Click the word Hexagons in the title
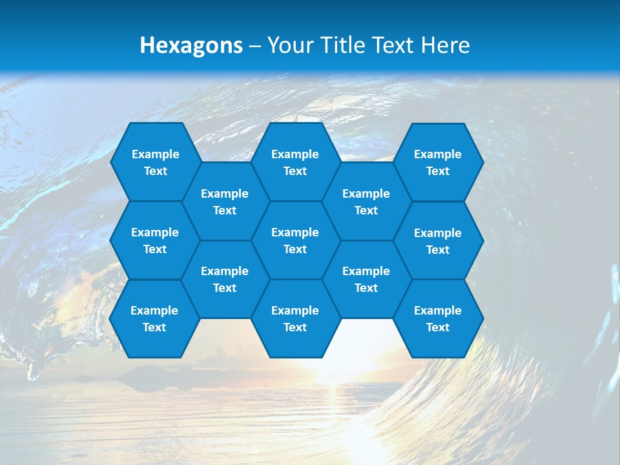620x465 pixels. (191, 45)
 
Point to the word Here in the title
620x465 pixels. (445, 45)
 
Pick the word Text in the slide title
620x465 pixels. (393, 45)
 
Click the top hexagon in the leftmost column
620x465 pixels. (155, 162)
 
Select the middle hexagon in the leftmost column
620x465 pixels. (155, 240)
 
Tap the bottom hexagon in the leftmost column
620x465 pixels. (154, 318)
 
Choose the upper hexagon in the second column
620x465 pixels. (225, 201)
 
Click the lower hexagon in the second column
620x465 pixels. (225, 279)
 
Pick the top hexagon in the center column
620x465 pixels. (295, 162)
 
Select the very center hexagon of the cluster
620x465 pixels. (295, 240)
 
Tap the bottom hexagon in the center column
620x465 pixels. (295, 318)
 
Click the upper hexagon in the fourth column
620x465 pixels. (366, 201)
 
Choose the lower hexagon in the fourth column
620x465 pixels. (366, 279)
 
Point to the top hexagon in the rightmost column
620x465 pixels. (438, 162)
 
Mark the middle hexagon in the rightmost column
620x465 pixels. (438, 241)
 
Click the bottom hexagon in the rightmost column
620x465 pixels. (438, 318)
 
